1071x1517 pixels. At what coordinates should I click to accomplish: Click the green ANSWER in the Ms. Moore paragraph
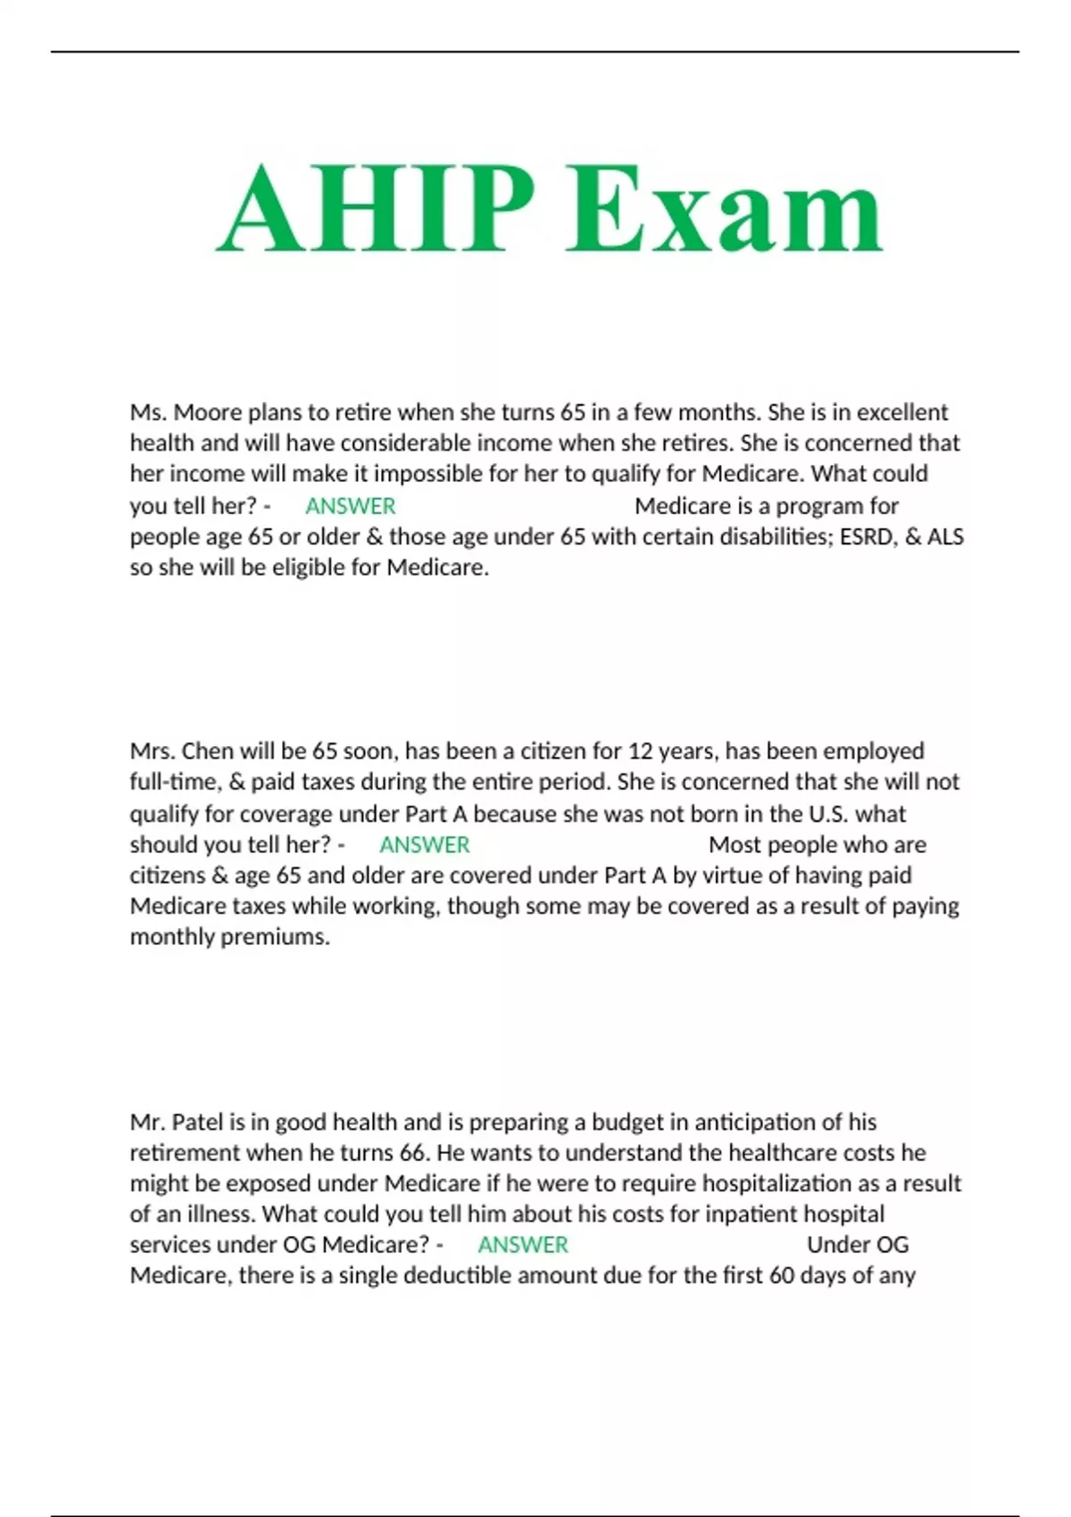point(350,506)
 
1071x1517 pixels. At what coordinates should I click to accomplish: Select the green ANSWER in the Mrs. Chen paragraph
point(424,844)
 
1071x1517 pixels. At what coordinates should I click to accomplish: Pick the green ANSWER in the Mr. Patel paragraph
point(523,1244)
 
